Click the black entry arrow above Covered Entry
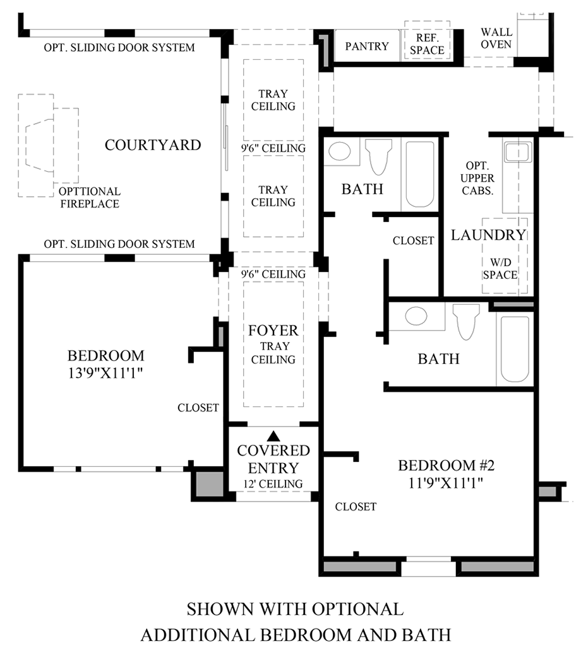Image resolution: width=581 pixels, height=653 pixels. point(273,436)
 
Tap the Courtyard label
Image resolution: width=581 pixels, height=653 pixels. point(153,145)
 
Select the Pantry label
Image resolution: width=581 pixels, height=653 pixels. point(367,46)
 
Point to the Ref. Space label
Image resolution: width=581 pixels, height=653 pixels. point(427,44)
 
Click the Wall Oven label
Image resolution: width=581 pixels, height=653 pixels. point(496,38)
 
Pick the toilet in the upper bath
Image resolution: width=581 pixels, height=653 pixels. point(378,156)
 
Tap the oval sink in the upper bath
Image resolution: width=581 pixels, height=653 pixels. point(339,151)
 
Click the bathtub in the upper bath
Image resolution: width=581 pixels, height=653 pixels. point(420,174)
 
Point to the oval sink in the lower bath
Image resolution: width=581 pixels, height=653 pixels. point(416,315)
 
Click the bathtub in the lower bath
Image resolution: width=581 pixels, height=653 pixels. point(515,349)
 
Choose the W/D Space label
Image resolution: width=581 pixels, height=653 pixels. point(500,269)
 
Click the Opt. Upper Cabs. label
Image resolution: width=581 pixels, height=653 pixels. point(477,179)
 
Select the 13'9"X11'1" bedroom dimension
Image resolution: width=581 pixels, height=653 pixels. point(105,373)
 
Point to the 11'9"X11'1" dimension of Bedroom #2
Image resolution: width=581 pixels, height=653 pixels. point(446,483)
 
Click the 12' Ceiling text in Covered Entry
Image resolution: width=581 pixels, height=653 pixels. point(273,484)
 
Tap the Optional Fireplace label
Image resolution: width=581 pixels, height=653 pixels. point(90,197)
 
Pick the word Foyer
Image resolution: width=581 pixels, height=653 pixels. point(273,331)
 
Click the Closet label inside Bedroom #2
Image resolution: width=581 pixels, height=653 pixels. point(356,507)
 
